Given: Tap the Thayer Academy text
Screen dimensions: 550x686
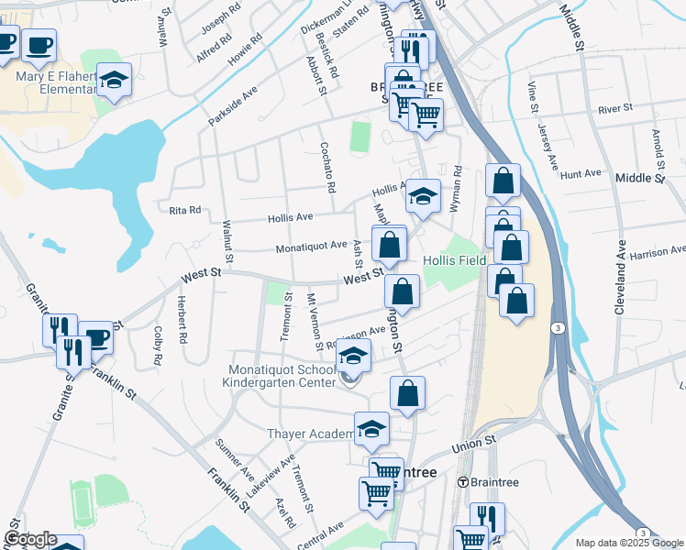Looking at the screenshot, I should click(310, 434).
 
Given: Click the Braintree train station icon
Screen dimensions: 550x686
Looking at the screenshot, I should click(463, 482).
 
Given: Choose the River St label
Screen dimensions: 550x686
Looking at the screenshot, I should click(615, 108).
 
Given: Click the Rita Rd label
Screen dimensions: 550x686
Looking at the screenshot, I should click(185, 210).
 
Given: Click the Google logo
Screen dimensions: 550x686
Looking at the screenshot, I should click(29, 540).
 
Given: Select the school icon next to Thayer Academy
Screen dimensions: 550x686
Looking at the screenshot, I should click(371, 429).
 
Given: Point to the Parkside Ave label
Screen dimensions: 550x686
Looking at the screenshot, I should click(233, 106).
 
